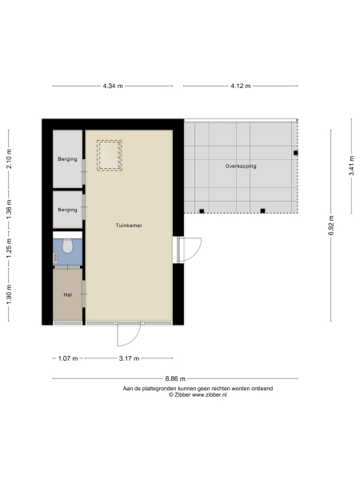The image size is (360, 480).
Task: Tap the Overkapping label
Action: [241, 166]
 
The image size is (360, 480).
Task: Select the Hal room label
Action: [68, 295]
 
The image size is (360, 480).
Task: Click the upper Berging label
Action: [68, 159]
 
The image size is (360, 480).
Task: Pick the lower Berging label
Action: [68, 210]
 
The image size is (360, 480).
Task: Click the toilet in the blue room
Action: [70, 246]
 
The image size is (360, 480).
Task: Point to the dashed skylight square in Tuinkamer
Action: [109, 155]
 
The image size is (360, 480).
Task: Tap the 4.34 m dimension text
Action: [113, 85]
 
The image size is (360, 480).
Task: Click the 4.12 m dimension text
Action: [240, 85]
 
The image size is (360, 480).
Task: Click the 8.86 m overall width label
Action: [176, 378]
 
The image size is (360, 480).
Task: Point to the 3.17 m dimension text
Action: [127, 358]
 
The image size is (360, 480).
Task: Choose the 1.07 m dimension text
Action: [68, 358]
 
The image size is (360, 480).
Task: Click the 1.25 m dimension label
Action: [9, 252]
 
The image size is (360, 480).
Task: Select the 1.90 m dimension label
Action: [9, 295]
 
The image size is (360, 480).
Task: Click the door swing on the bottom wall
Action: [129, 336]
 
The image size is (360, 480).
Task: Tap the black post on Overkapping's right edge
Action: [295, 153]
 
